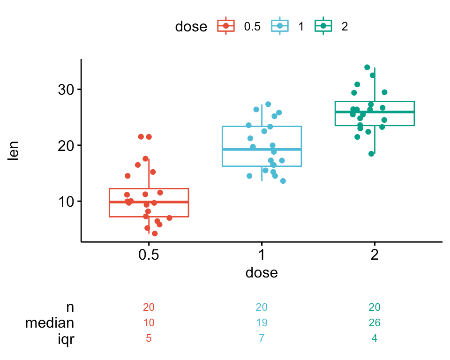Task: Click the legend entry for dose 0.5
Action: click(x=239, y=26)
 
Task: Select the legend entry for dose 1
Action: click(x=288, y=26)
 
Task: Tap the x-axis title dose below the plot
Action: click(x=262, y=273)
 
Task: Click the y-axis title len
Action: click(x=15, y=151)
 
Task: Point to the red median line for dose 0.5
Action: click(x=149, y=202)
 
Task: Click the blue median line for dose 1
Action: click(x=262, y=150)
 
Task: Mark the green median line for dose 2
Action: click(x=374, y=112)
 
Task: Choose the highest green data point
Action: click(x=367, y=67)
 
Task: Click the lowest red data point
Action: click(x=155, y=233)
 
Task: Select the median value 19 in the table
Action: click(x=262, y=323)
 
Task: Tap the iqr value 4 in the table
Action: click(x=374, y=338)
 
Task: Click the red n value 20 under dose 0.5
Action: click(x=149, y=307)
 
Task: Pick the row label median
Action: click(x=50, y=323)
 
